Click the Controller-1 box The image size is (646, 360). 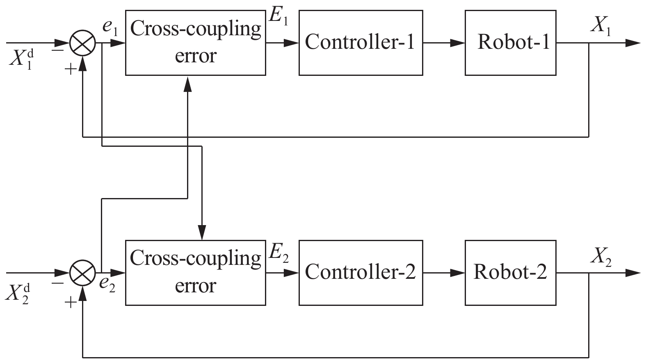(x=361, y=43)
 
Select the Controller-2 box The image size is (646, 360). (x=361, y=273)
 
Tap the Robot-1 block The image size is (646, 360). (x=510, y=43)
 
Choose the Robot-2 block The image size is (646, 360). (x=510, y=273)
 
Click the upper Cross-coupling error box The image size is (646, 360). (x=195, y=43)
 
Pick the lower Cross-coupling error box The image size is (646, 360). (x=195, y=273)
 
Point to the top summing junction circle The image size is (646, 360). (x=83, y=43)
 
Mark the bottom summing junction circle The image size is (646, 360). (x=83, y=273)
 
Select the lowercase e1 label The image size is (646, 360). (x=110, y=29)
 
